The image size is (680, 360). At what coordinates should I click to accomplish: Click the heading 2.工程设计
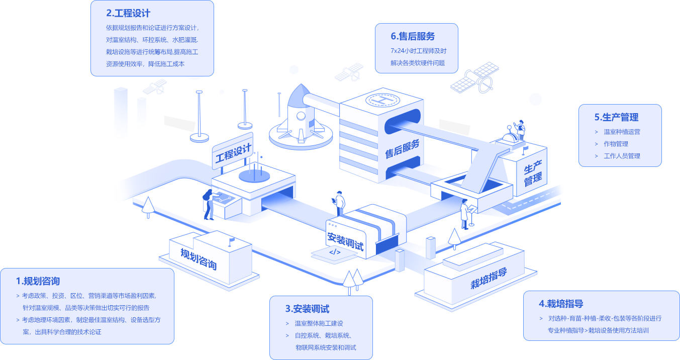(x=128, y=13)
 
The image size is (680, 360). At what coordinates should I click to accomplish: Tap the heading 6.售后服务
(x=413, y=36)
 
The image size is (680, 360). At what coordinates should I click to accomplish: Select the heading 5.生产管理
(x=616, y=117)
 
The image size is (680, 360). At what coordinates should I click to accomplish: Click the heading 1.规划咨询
(x=38, y=281)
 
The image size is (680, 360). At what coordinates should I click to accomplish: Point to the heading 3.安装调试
(x=307, y=309)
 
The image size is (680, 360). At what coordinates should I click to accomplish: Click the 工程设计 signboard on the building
(x=233, y=152)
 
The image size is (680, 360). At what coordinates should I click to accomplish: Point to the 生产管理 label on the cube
(x=533, y=173)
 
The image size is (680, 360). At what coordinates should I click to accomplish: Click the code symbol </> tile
(x=334, y=252)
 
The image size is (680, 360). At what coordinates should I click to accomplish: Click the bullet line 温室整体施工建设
(x=319, y=323)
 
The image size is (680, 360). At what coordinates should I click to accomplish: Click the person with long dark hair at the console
(x=208, y=203)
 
